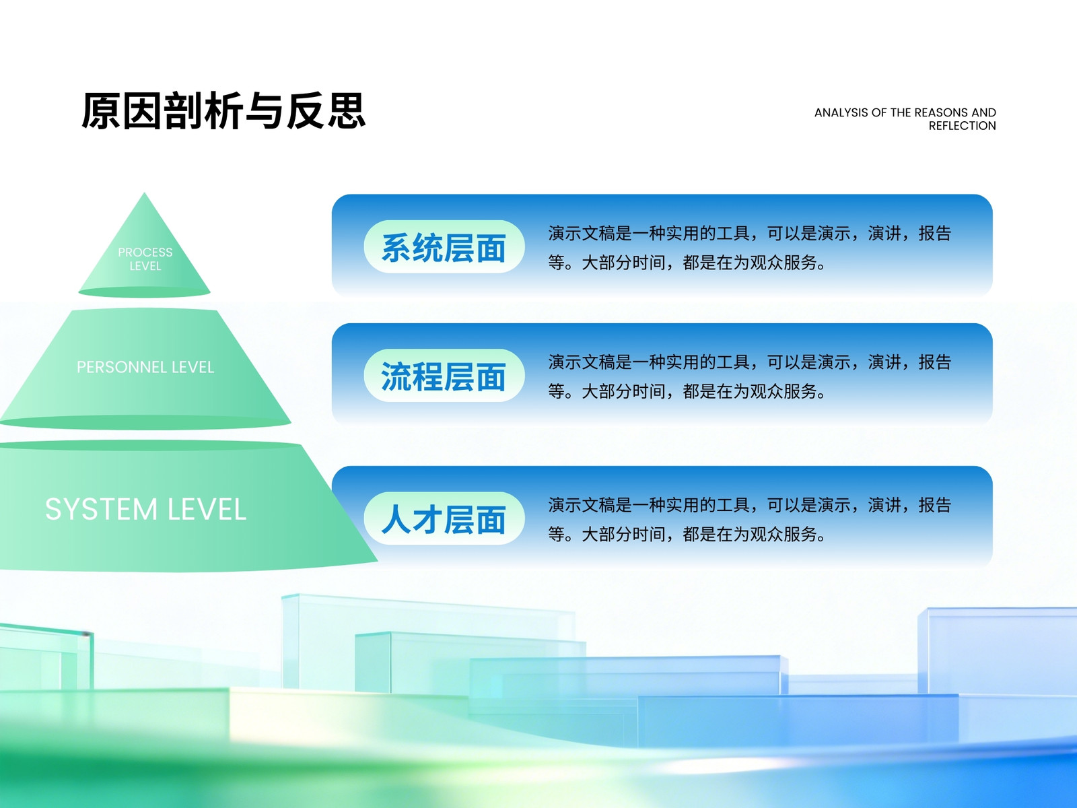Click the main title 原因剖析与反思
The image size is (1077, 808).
click(223, 111)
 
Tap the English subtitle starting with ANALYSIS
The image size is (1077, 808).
click(905, 119)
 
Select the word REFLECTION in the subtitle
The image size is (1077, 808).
click(962, 126)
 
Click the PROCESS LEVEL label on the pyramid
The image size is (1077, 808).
click(145, 259)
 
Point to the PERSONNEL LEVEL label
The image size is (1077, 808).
click(145, 367)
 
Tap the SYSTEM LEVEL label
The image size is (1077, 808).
click(145, 509)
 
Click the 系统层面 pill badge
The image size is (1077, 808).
click(444, 246)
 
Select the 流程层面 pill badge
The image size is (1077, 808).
click(444, 376)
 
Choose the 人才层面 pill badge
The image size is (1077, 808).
click(444, 518)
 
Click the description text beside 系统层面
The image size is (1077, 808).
click(750, 248)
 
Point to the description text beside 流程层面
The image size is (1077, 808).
click(750, 377)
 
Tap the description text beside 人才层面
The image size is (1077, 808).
click(750, 520)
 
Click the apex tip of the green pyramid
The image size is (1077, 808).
click(144, 193)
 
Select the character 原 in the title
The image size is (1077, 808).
click(101, 111)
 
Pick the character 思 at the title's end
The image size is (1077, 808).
click(347, 111)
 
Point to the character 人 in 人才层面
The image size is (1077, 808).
click(396, 519)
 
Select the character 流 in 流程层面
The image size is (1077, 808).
click(396, 376)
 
